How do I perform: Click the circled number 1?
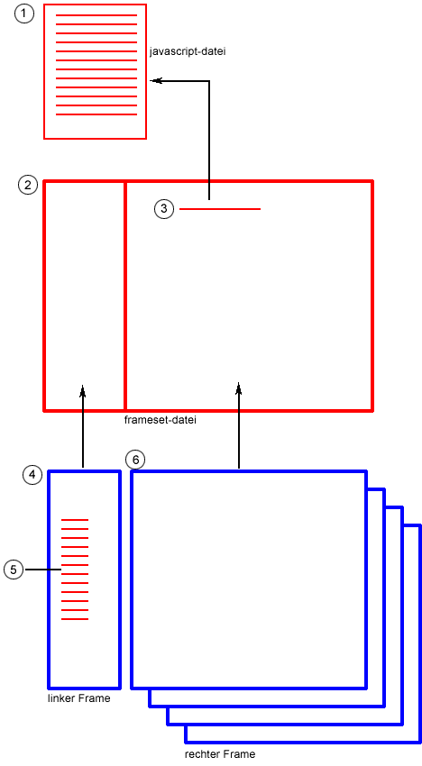click(24, 14)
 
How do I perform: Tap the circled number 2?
click(27, 185)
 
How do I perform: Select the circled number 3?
click(164, 209)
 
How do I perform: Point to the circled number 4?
click(32, 474)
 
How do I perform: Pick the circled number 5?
click(14, 570)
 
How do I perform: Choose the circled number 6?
click(135, 460)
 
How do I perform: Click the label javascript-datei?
click(188, 51)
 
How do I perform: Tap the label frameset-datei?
click(161, 420)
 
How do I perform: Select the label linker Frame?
click(79, 698)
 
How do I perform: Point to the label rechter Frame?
click(220, 753)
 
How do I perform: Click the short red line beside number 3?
click(220, 209)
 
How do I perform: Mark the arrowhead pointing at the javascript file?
click(155, 81)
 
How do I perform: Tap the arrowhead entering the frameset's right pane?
click(239, 388)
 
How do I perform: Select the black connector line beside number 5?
click(43, 570)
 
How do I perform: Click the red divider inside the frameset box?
click(125, 296)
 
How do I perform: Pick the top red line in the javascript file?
click(96, 15)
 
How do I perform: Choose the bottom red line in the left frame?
click(75, 619)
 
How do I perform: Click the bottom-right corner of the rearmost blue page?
click(420, 743)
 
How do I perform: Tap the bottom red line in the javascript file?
click(96, 114)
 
